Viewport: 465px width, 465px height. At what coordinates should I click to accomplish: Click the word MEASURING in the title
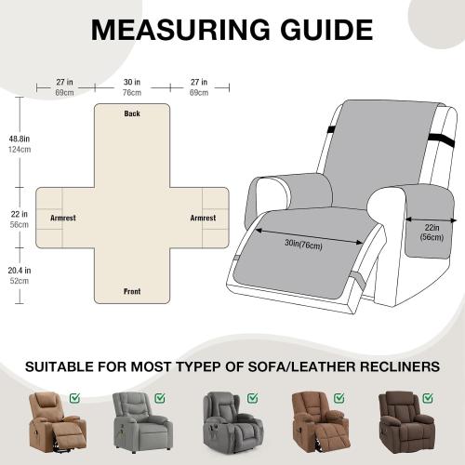(x=176, y=30)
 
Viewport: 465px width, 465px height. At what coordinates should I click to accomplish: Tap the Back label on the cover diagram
(x=132, y=113)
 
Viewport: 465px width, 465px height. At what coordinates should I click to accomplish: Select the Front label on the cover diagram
(x=132, y=291)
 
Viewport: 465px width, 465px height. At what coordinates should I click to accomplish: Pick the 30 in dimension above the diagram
(x=131, y=82)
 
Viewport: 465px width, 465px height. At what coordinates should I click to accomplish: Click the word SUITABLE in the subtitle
(x=69, y=366)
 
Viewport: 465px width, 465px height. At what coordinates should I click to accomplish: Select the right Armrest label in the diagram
(x=203, y=218)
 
